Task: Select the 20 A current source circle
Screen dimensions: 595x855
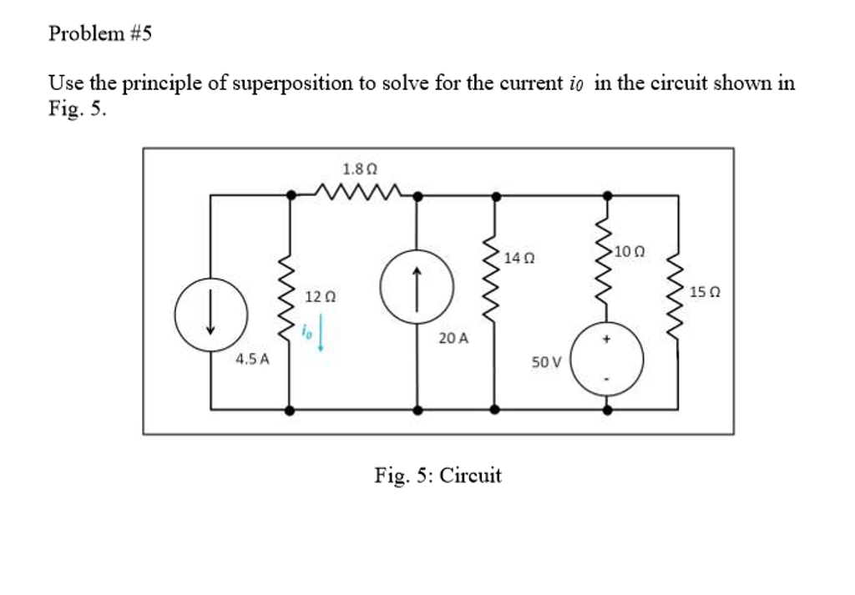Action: (417, 286)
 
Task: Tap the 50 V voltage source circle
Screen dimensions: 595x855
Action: (607, 360)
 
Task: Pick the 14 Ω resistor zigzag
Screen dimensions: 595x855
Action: (495, 275)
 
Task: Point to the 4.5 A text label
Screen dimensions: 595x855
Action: (252, 360)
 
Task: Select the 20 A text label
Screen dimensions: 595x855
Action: (453, 339)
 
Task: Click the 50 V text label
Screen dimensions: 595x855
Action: (546, 362)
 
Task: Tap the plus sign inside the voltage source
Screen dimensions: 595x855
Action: (607, 340)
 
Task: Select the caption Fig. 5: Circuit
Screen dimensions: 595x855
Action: (438, 476)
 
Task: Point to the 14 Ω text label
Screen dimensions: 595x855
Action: (519, 260)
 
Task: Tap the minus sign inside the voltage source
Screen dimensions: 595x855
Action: (607, 380)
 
